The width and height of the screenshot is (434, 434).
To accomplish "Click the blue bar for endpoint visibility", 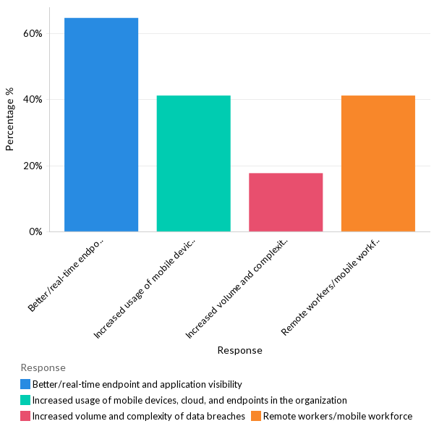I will point(101,124).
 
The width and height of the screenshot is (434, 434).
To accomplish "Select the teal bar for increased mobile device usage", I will point(193,163).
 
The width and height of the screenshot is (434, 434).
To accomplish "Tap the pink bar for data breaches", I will point(286,203).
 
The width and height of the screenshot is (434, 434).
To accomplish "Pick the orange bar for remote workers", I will point(378,163).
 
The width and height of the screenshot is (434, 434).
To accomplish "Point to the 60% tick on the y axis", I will point(33,33).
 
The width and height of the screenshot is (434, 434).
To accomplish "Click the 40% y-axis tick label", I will point(33,100).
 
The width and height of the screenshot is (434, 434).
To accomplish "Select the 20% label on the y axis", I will point(33,166).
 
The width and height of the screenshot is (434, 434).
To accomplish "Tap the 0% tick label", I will point(36,232).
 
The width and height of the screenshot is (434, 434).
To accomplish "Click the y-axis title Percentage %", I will point(10,119).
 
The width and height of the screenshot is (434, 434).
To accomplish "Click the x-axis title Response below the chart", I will point(239,350).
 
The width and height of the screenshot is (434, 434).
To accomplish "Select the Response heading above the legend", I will point(43,368).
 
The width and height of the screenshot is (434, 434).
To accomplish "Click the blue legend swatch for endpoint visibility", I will point(25,384).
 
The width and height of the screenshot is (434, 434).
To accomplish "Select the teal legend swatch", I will point(25,400).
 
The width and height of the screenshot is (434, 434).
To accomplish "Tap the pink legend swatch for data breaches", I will point(25,416).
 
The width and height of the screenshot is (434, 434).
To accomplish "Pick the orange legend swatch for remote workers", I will point(256,416).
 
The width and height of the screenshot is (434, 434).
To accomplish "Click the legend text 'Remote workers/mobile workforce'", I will point(338,416).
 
